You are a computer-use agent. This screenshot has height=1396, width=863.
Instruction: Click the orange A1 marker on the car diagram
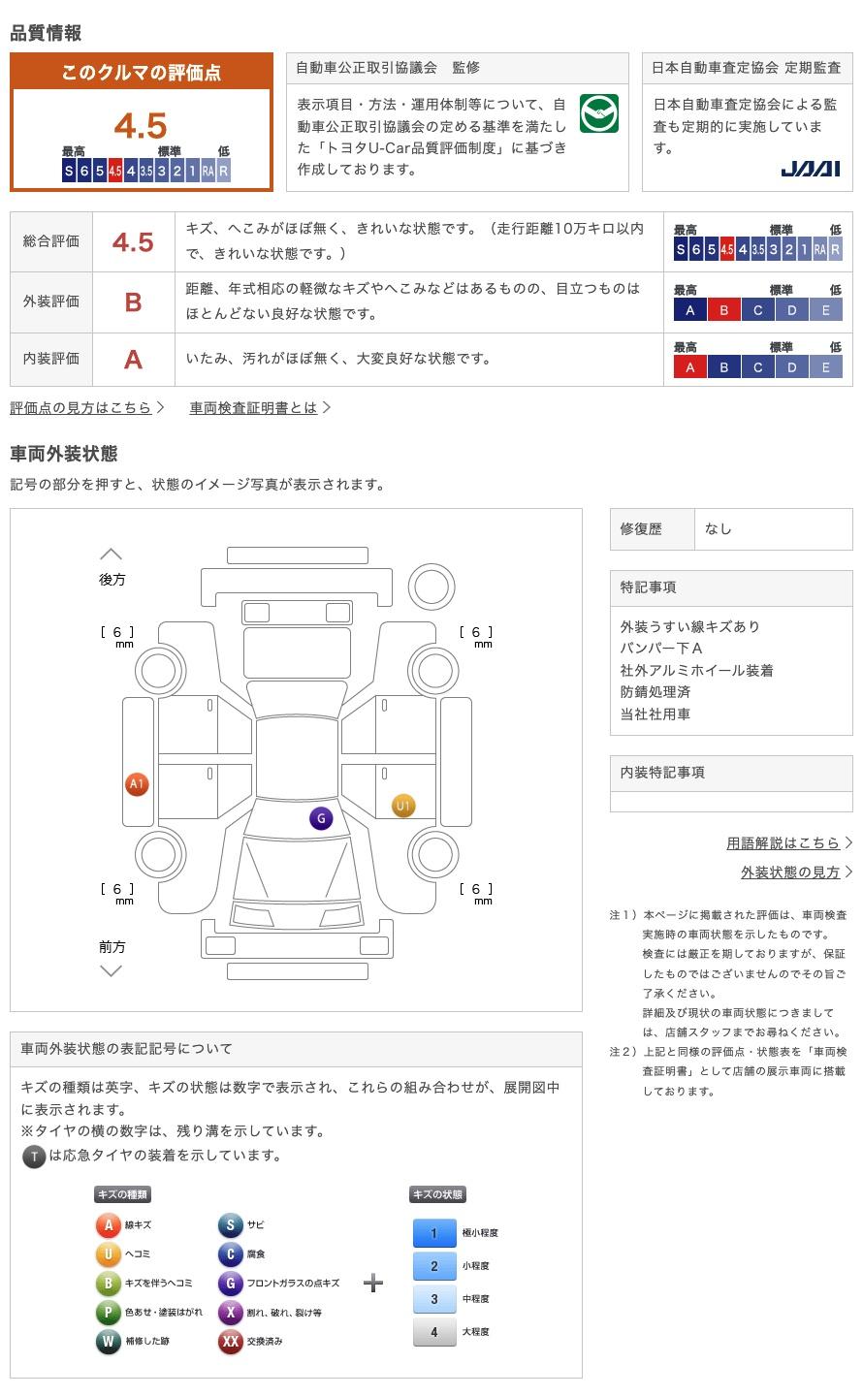coord(137,784)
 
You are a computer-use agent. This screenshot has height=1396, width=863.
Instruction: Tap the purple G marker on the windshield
coord(321,818)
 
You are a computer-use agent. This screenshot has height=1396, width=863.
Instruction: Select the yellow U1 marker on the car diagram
coord(403,806)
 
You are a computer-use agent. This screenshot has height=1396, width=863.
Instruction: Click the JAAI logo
coord(810,169)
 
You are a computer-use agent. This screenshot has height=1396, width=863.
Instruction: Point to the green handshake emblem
coord(598,113)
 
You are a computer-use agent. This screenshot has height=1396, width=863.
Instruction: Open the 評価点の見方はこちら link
coord(81,407)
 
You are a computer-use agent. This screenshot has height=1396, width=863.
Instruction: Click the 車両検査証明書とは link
coord(253,407)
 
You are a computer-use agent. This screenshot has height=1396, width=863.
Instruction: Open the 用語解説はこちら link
coord(783,843)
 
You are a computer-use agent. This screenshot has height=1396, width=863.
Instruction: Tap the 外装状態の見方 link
coord(790,872)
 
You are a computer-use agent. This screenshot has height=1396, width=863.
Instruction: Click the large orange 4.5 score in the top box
coord(141,126)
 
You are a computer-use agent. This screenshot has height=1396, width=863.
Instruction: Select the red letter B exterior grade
coord(133,302)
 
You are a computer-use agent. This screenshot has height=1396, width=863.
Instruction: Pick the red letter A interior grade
coord(133,360)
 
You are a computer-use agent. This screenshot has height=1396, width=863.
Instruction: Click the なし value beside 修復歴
coord(718,529)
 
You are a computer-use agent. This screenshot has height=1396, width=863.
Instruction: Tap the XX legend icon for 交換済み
coord(230,1341)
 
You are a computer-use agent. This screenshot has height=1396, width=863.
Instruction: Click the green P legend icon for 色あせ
coord(108,1313)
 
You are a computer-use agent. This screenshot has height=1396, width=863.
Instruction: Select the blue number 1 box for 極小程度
coord(434,1233)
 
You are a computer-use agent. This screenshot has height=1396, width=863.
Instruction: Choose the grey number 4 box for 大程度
coord(434,1332)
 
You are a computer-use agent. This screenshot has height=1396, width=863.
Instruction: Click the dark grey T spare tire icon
coord(34,1157)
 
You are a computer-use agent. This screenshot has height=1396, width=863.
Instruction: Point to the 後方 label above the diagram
coord(112,580)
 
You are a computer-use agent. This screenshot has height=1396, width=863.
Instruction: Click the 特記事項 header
coord(648,587)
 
